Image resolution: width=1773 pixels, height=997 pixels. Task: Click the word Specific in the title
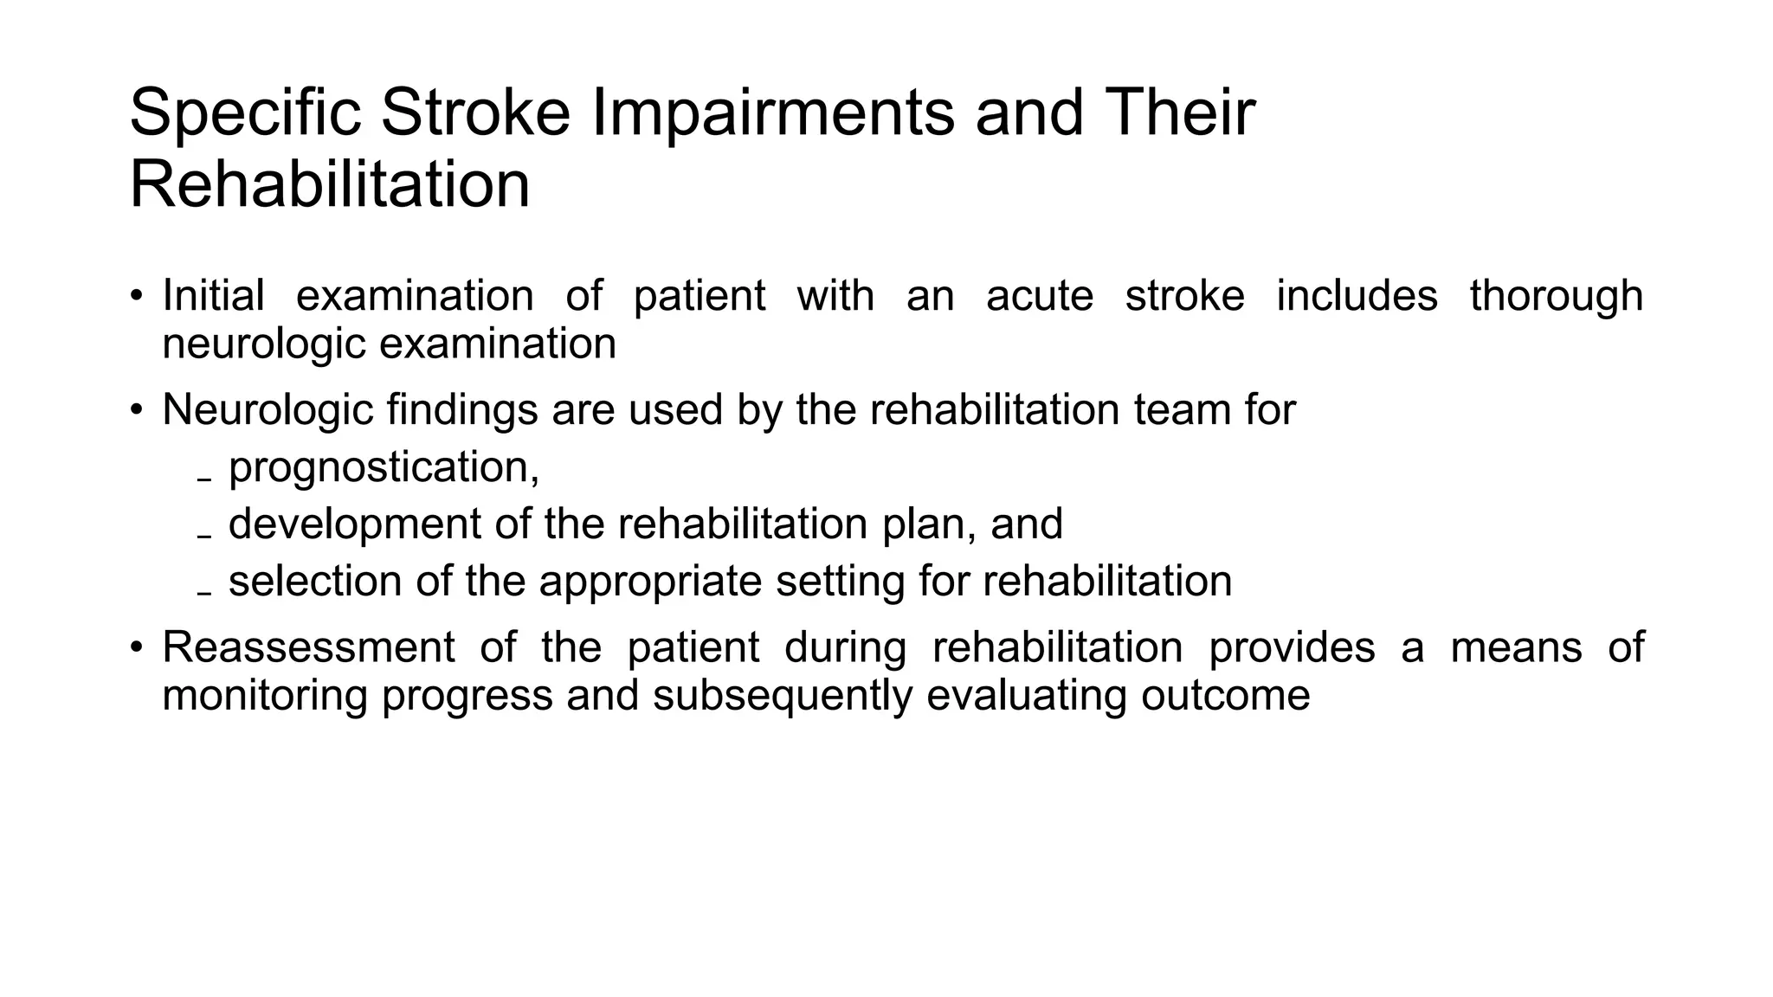point(244,113)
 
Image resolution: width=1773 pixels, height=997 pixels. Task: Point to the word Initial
point(213,295)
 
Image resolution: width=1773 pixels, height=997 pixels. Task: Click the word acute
point(1040,295)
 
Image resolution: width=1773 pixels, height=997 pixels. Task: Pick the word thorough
point(1556,297)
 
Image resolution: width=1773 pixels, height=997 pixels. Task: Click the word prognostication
point(379,469)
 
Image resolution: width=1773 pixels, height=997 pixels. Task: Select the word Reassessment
point(308,647)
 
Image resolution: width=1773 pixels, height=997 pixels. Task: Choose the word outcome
point(1225,696)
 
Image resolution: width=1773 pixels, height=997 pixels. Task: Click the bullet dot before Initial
point(136,296)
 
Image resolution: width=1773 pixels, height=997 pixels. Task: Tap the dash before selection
point(204,594)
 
